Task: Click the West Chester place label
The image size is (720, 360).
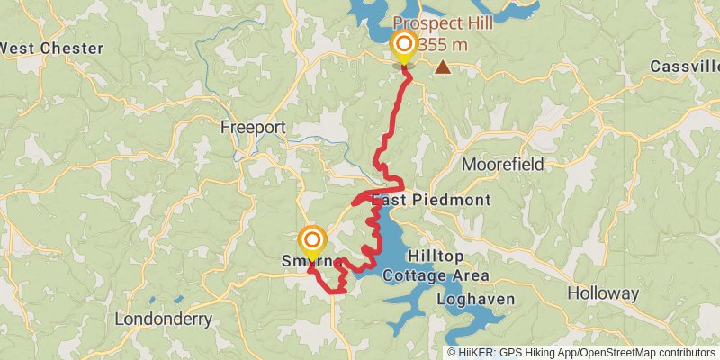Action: (51, 48)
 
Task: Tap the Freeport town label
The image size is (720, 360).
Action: (253, 128)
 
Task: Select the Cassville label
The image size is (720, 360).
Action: (683, 67)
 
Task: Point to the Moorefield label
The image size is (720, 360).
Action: (504, 165)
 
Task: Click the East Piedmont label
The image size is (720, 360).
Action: (443, 200)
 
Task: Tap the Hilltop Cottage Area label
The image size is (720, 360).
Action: (436, 265)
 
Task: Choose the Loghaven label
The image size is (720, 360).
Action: (475, 299)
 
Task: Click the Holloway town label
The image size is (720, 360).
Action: (603, 293)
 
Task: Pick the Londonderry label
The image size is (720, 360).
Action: (164, 319)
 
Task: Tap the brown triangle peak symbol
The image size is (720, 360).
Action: (443, 67)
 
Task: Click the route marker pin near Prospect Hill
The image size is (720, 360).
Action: (404, 45)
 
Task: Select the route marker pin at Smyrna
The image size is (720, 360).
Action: (312, 241)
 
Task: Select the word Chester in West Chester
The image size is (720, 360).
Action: (72, 48)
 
